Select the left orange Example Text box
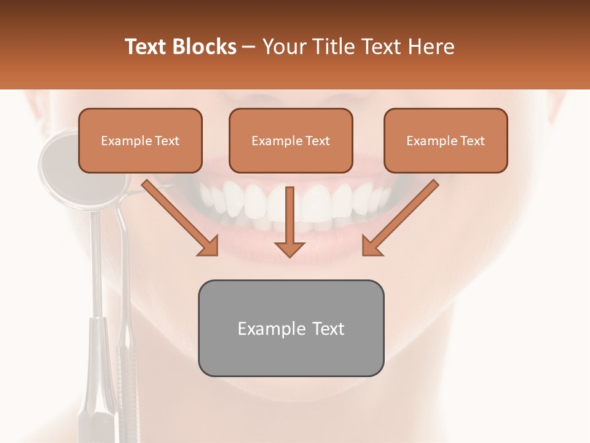[140, 141]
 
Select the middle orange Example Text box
[291, 141]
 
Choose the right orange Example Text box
[446, 141]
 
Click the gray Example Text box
[291, 328]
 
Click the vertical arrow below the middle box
[289, 215]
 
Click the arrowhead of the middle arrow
[289, 249]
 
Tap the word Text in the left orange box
[167, 141]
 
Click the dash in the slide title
[250, 47]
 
